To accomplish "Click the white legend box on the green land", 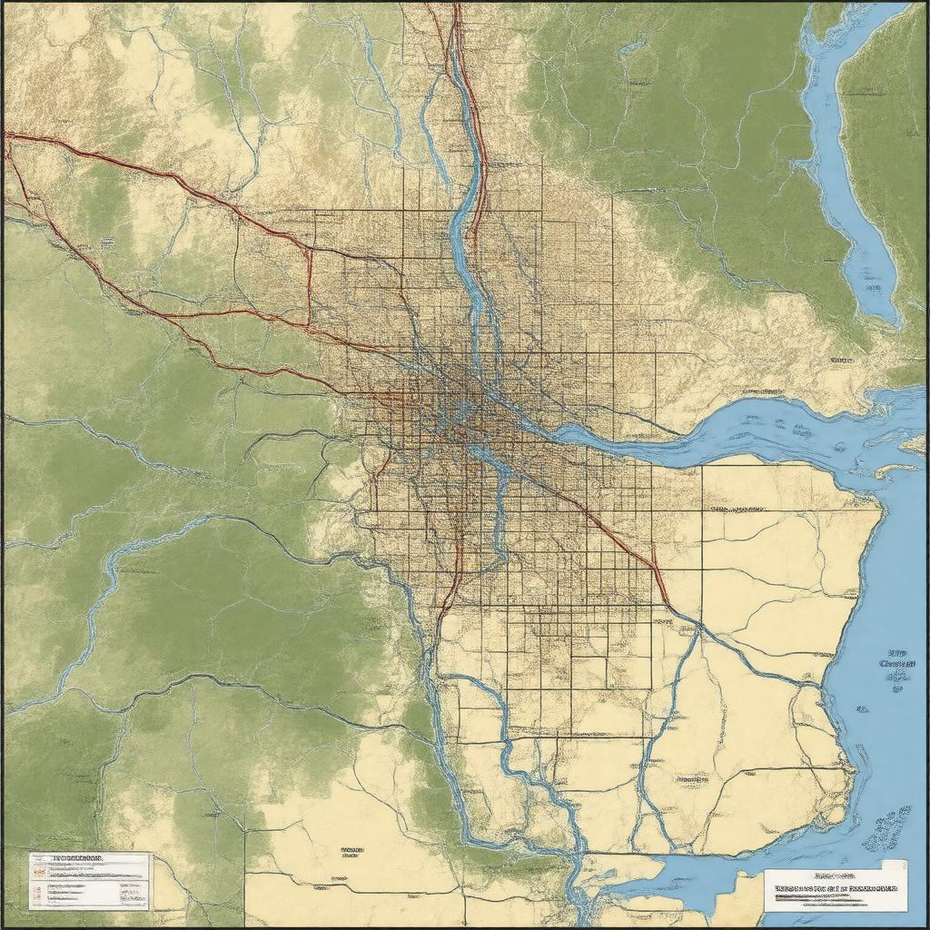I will pos(88,879).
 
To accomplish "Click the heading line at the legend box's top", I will pos(78,857).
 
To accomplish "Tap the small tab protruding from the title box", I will pos(895,866).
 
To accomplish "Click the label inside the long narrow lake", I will pos(872,289).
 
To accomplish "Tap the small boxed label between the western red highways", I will pos(107,243).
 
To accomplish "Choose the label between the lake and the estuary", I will pos(841,361).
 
